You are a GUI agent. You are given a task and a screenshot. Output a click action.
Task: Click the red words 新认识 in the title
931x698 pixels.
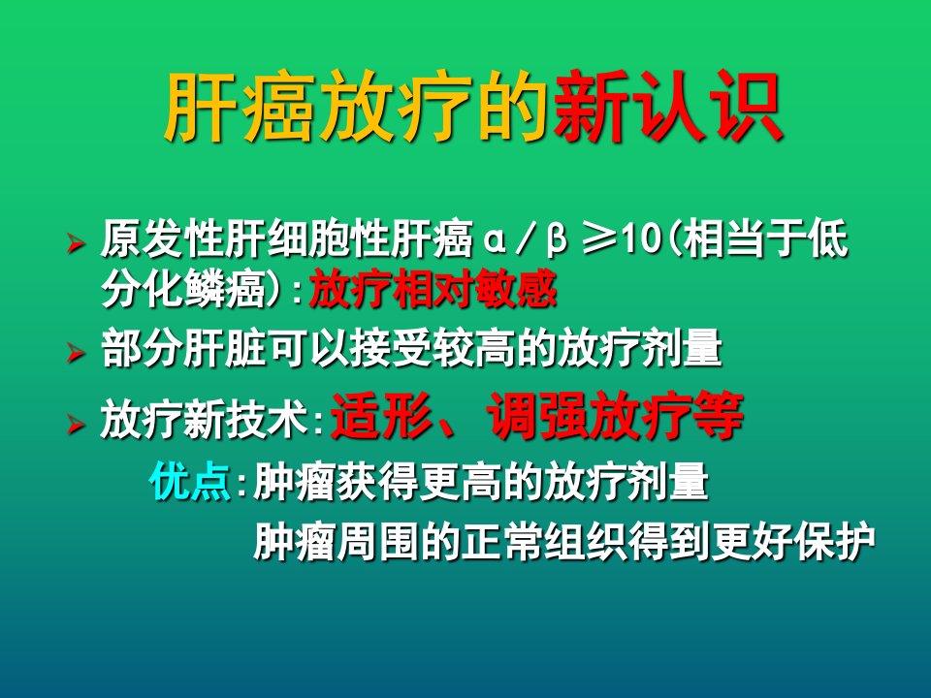click(x=667, y=107)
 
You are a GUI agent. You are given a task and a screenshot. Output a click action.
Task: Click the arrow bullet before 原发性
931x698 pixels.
click(x=76, y=242)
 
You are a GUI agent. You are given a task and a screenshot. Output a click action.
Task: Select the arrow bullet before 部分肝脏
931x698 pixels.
click(x=76, y=352)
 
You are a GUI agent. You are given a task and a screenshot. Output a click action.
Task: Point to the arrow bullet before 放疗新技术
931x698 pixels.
click(x=76, y=424)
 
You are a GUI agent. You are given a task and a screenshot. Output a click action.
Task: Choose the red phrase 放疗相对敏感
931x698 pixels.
click(x=433, y=289)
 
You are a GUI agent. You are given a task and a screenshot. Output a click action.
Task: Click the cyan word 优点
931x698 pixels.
click(x=190, y=480)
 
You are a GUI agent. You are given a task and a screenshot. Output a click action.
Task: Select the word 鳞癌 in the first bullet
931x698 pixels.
click(x=224, y=289)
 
